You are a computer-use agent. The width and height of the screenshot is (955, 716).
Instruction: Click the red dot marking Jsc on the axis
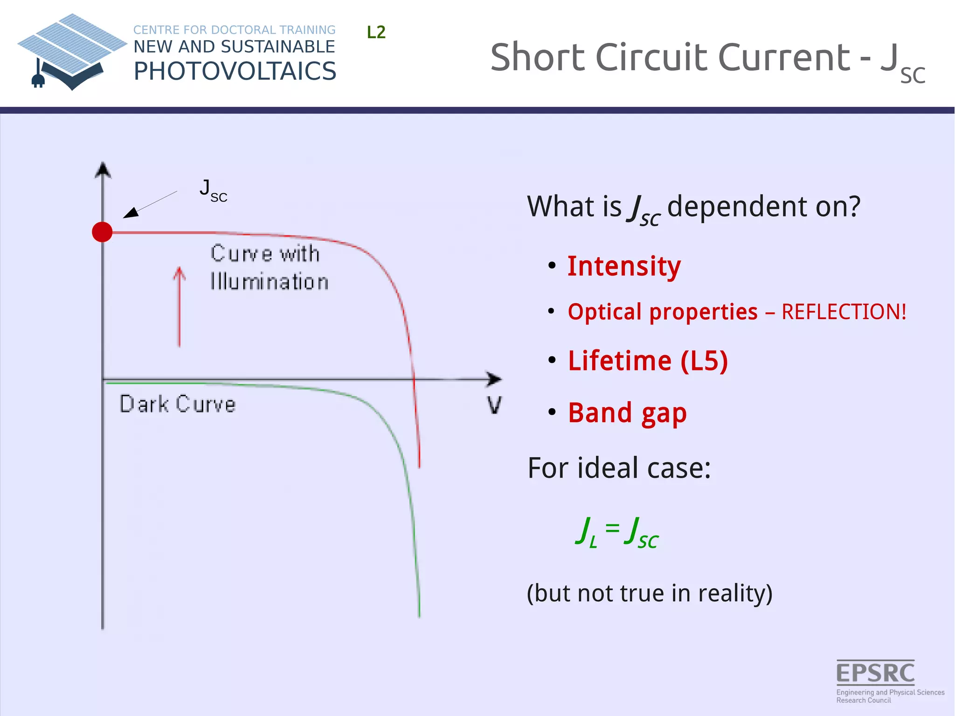pos(102,232)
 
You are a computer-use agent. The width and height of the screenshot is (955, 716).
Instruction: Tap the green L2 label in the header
pos(376,33)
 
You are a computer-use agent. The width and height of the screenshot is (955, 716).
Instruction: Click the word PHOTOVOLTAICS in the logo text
pos(235,71)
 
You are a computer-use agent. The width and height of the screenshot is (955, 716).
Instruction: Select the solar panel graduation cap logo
pos(72,51)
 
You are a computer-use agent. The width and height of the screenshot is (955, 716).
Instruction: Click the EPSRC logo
pos(876,674)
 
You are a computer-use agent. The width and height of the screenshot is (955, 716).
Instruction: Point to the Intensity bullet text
pos(624,266)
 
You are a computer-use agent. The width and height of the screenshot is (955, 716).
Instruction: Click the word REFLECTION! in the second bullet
pos(844,312)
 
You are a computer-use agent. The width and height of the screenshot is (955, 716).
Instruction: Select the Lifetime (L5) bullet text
pos(648,361)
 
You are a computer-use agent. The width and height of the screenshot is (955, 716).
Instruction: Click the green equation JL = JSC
pos(616,533)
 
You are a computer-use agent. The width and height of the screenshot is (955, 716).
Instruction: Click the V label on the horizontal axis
pos(494,405)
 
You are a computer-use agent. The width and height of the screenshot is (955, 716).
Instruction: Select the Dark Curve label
pos(178,404)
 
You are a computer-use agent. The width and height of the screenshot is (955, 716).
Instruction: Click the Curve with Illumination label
pos(269,268)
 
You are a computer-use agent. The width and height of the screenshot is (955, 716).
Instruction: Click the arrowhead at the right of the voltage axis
pos(493,379)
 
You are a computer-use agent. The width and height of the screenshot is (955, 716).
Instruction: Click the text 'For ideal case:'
pos(619,468)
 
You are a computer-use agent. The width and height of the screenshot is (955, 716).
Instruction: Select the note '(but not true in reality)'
pos(650,593)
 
